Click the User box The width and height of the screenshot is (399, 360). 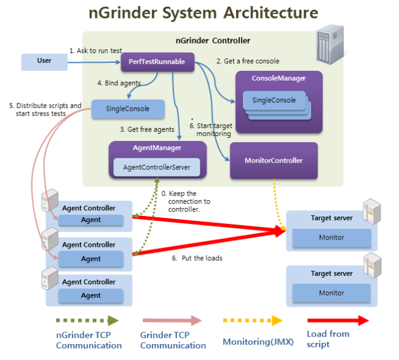coord(44,62)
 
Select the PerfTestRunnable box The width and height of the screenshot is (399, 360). coord(157,62)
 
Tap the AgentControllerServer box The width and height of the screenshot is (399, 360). coord(157,167)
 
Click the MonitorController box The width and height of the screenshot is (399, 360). coord(274,161)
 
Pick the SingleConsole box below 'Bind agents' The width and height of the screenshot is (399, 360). coord(128,109)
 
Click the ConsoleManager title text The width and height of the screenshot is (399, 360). coord(279,78)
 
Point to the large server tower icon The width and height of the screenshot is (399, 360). coord(330,44)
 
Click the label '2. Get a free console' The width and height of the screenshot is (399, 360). coord(248,61)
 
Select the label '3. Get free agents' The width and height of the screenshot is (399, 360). coord(148,129)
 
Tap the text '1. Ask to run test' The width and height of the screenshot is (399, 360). coord(96,50)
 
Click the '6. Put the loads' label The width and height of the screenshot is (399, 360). coord(197,258)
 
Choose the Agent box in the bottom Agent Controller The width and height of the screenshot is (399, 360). coord(91,295)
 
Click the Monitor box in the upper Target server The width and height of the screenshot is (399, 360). coord(331,238)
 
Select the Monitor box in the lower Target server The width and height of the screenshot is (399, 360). coord(331,293)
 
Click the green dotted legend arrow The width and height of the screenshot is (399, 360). coord(87,321)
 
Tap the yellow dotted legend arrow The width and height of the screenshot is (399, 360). coord(253,321)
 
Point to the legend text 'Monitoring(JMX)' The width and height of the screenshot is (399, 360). coord(258,342)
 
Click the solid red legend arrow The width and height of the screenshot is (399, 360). coord(338,321)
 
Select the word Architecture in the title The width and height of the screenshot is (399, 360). coord(271,13)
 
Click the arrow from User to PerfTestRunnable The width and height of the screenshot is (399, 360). coord(94,62)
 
